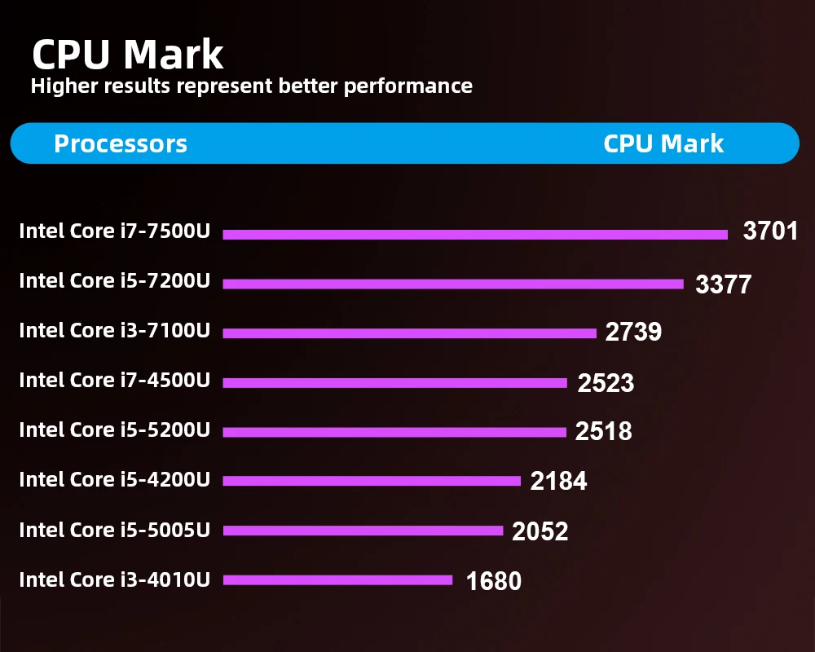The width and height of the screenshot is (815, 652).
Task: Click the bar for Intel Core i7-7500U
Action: point(474,235)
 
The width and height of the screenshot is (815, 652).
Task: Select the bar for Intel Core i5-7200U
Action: point(452,284)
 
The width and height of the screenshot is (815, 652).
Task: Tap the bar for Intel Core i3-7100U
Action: point(409,333)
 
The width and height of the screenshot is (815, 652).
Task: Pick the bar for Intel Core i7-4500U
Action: point(394,383)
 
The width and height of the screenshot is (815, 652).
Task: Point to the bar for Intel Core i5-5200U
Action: point(394,432)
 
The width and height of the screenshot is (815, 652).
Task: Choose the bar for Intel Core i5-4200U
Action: point(372,482)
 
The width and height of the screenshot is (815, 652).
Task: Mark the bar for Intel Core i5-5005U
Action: point(363,531)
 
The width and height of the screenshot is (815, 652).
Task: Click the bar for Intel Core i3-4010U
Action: point(337,580)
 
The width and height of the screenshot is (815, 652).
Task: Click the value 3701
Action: point(770,231)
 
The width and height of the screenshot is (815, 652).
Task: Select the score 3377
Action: point(723,284)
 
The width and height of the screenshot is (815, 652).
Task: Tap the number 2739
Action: point(633,332)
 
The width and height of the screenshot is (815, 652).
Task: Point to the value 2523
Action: point(606,383)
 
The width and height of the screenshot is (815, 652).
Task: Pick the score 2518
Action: point(603,431)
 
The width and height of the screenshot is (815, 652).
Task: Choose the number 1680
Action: point(493,581)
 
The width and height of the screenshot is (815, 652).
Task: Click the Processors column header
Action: point(121,144)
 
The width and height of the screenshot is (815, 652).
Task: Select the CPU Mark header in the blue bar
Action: point(663,144)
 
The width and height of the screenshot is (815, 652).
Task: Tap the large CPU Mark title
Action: point(127,55)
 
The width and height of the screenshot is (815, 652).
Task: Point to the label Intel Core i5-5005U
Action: point(115,530)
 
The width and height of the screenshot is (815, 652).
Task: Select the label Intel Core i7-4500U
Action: point(115,380)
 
